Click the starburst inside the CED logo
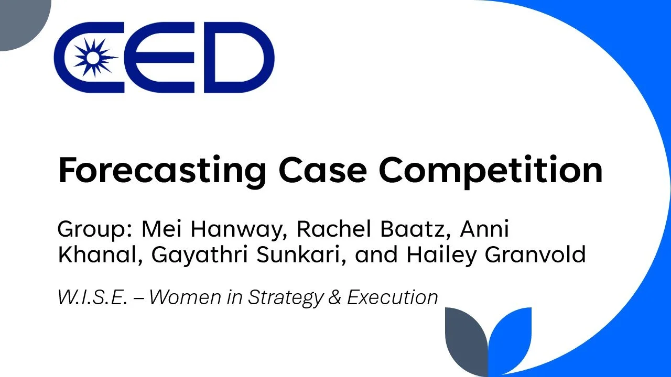[x=93, y=58]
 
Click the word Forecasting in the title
[x=161, y=170]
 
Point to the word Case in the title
[x=322, y=170]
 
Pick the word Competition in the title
[x=491, y=170]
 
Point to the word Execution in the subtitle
[x=392, y=297]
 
